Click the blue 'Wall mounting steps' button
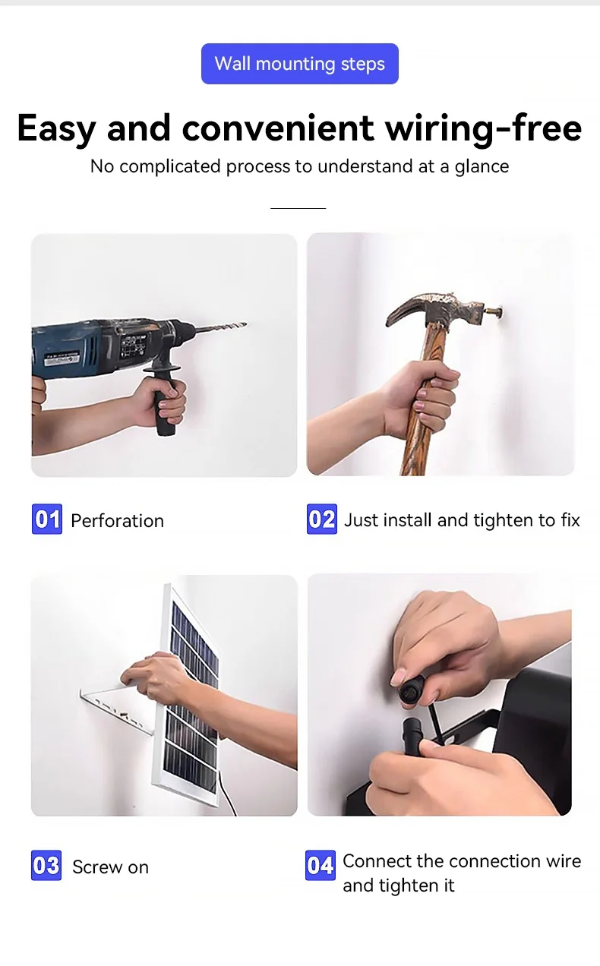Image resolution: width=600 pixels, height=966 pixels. point(300,64)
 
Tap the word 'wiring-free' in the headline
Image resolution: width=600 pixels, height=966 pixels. point(484,128)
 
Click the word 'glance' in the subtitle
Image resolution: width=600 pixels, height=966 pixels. point(482,167)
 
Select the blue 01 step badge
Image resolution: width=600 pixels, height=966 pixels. point(47,519)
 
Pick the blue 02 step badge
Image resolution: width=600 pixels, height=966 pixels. point(322,519)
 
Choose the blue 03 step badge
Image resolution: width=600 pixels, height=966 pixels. point(46,865)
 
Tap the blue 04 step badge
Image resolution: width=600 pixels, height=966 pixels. point(320,865)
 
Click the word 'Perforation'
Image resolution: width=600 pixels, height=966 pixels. point(117,521)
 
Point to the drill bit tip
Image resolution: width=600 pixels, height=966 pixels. point(245,324)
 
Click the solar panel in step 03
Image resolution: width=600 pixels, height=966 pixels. point(190,699)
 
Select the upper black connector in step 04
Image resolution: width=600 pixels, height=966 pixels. point(412,690)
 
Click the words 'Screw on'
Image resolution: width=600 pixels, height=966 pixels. point(110,867)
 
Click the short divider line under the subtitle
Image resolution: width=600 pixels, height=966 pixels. point(298,208)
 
